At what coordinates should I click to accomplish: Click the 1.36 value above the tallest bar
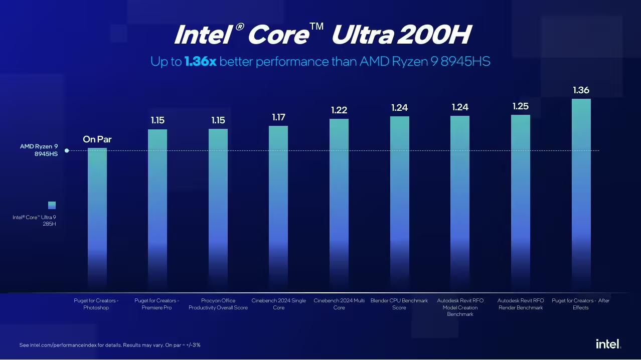tap(581, 91)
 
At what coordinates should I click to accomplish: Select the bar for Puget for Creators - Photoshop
tap(97, 216)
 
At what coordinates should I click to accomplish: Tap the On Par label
tap(97, 139)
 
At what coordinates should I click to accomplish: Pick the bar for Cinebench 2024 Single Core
tap(278, 206)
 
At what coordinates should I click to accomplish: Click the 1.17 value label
tap(278, 117)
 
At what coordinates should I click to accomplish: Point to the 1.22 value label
tap(339, 110)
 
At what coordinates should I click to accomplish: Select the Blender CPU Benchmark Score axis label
tap(399, 304)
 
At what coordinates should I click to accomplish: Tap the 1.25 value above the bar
tap(521, 106)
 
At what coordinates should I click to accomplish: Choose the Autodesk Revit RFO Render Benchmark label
tap(521, 304)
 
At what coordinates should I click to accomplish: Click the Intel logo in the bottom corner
tap(608, 344)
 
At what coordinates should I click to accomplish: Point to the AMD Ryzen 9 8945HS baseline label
tap(39, 150)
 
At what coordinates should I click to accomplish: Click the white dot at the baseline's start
tap(67, 150)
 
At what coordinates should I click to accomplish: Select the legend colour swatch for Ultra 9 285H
tap(52, 205)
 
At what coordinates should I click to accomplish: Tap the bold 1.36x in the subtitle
tap(201, 62)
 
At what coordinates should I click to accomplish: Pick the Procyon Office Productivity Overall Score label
tap(218, 304)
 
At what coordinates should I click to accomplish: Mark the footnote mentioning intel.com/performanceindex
tap(110, 345)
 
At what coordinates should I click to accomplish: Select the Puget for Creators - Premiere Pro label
tap(156, 304)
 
